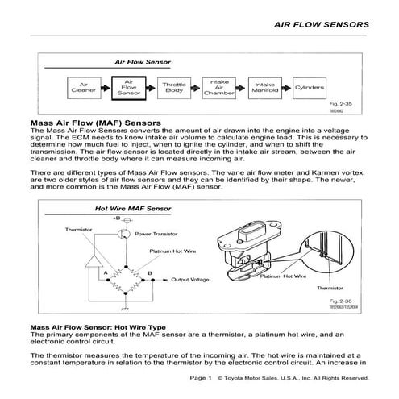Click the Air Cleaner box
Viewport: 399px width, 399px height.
click(84, 86)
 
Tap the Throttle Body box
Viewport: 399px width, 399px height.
click(173, 86)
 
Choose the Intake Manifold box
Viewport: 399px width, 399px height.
click(265, 86)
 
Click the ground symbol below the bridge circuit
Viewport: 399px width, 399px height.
click(123, 307)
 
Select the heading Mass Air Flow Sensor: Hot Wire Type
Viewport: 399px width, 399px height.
click(97, 328)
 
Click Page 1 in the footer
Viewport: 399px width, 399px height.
click(199, 378)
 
